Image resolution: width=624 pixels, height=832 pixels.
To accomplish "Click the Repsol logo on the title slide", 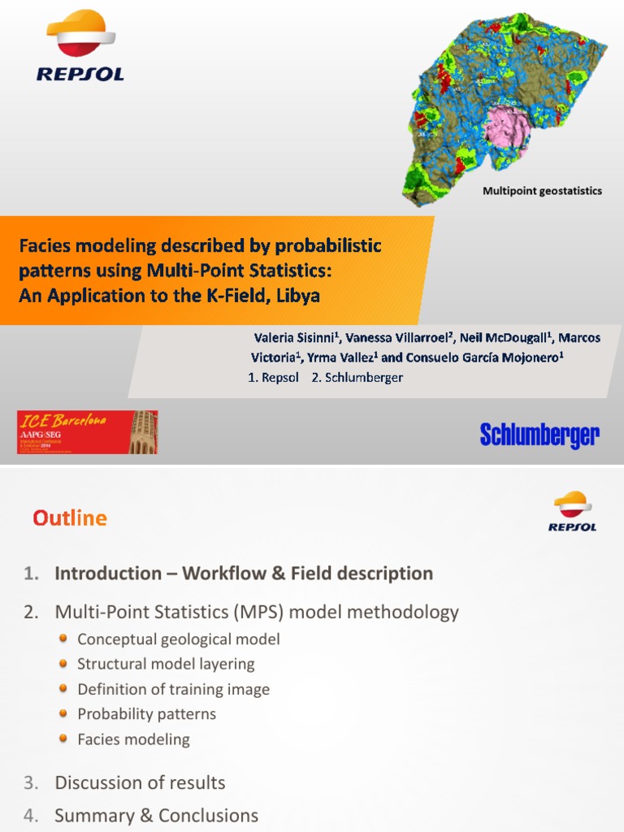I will (80, 47).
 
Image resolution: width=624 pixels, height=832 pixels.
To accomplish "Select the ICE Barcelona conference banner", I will (88, 431).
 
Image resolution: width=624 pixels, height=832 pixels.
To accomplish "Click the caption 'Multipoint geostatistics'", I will (542, 191).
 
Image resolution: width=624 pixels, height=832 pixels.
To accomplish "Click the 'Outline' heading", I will (70, 518).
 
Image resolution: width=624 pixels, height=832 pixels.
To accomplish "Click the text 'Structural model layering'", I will (166, 664).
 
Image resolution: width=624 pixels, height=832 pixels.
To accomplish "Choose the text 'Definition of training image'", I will (173, 689).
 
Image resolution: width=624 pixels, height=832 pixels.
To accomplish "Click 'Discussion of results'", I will (140, 782).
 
